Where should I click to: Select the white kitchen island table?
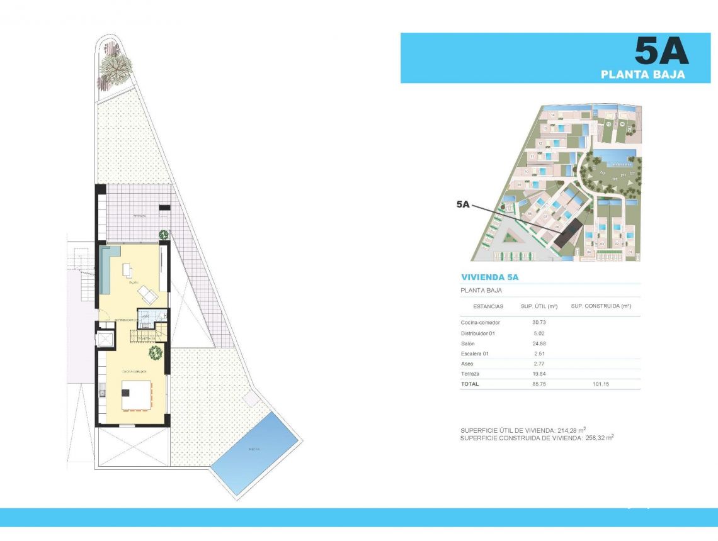(x=137, y=394)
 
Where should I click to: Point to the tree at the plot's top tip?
(x=114, y=65)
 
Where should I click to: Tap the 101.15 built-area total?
(x=601, y=384)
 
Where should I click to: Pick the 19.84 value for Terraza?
(x=540, y=374)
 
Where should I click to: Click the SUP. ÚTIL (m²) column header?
(x=540, y=306)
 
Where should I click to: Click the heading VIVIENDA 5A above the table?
(x=489, y=277)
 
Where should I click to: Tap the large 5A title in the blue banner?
(x=661, y=52)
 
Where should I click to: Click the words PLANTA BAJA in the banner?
(x=642, y=74)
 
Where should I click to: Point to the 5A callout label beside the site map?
(x=463, y=204)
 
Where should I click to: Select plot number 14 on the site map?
(x=552, y=116)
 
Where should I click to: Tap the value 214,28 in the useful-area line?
(x=567, y=430)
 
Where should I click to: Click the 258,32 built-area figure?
(x=595, y=437)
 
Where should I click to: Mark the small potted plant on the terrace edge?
(x=164, y=235)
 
